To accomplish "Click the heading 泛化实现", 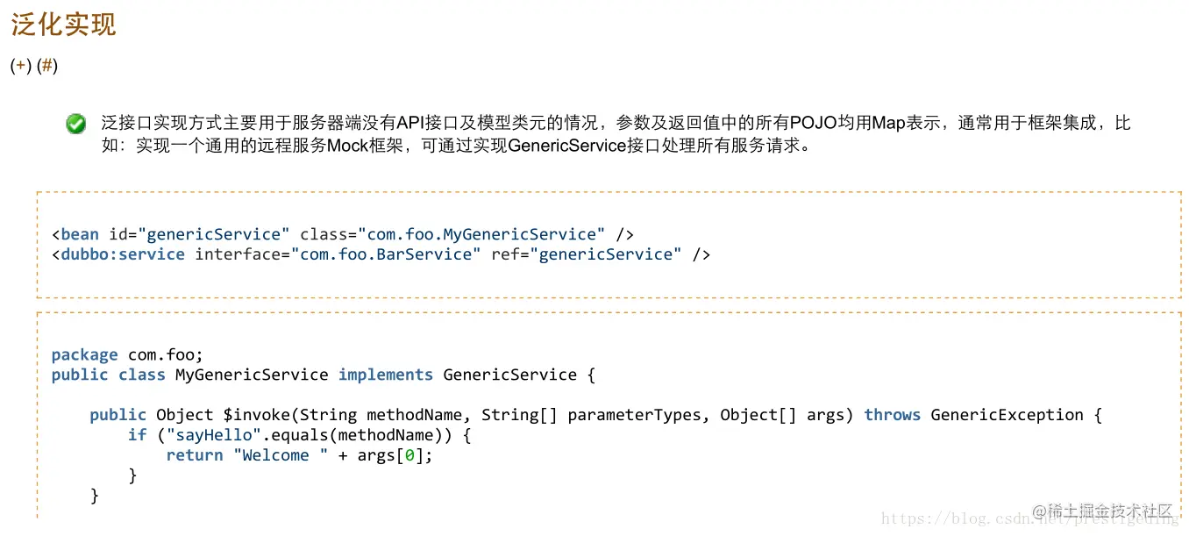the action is pos(63,25).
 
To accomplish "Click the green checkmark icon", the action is pos(76,124).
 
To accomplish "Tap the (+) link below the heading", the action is pos(21,66).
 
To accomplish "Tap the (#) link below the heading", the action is pos(47,66).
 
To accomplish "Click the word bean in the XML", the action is pos(80,234).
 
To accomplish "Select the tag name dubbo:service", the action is pos(123,254).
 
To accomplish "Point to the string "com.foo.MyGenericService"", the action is pos(481,234).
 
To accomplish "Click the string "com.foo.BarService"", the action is pos(386,254).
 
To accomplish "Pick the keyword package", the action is pos(84,355).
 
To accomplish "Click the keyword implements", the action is pos(386,375).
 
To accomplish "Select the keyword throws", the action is pos(893,414).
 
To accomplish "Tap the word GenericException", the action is pos(1007,414).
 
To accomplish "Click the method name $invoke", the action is pos(256,414).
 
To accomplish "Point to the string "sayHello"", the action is pos(213,435).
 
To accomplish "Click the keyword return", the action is pos(195,455).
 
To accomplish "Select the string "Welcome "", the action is pos(281,455).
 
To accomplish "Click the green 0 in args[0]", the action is pos(409,455).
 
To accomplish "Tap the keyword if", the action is pos(137,435).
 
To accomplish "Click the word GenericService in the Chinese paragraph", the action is pos(567,146).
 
